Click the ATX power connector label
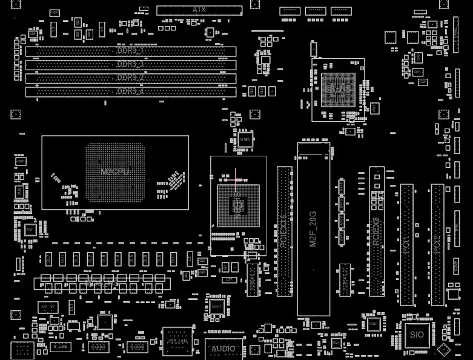tap(199, 10)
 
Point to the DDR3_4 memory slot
tap(130, 92)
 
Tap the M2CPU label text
tap(115, 172)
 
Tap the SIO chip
tap(416, 334)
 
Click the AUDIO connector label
tap(223, 349)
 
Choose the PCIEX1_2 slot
tap(345, 280)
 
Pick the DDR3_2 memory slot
tap(130, 78)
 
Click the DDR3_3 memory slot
tap(130, 64)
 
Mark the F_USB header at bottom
tap(59, 346)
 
